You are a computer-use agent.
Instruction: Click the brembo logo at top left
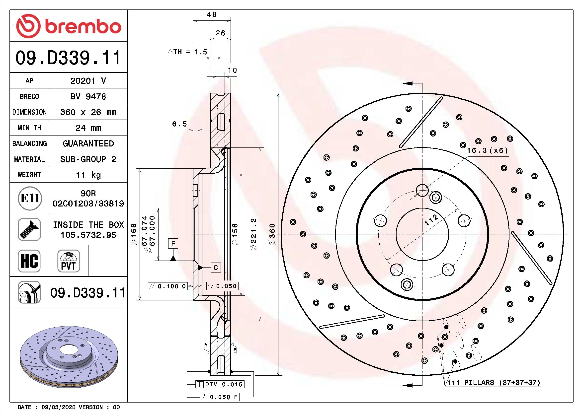coord(69,26)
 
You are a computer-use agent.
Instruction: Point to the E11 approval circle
coord(29,198)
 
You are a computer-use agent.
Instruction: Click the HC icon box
coord(29,261)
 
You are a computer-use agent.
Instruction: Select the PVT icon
coord(69,261)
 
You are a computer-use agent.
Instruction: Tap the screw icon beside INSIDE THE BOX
coord(29,229)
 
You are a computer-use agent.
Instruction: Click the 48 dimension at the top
coord(212,14)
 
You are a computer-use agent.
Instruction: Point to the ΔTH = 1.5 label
coord(187,52)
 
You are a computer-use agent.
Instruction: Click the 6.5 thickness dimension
coord(179,124)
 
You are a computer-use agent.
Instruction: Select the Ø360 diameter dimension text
coord(272,234)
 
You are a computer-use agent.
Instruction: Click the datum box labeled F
coord(173,244)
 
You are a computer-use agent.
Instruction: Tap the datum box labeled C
coord(216,267)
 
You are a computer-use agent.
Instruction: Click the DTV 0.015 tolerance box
coord(220,384)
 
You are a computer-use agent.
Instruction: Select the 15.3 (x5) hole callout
coord(487,151)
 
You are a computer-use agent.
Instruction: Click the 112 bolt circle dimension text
coord(431,220)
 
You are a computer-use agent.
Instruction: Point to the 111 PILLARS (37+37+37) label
coord(494,383)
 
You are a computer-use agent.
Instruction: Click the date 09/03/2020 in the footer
coord(58,407)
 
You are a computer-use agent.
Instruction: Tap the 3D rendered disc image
coord(69,356)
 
